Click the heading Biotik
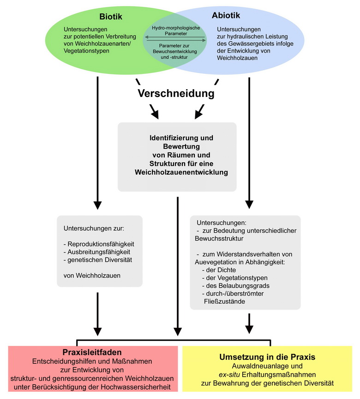click(x=111, y=17)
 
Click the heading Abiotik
click(x=226, y=15)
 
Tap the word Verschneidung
click(x=176, y=93)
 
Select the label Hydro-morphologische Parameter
click(x=176, y=31)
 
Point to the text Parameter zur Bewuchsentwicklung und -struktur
click(x=174, y=51)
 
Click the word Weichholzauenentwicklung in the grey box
click(x=181, y=172)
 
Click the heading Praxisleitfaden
click(x=92, y=352)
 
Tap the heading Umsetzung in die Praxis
click(x=267, y=357)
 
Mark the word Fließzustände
click(x=224, y=302)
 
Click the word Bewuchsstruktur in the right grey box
click(x=219, y=239)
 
